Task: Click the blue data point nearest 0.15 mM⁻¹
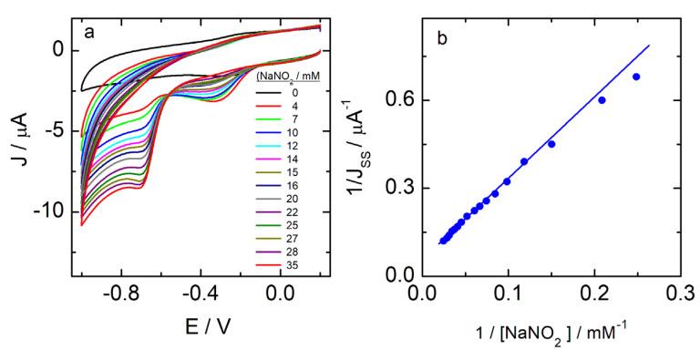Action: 551,144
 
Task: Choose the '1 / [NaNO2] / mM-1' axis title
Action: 547,334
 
